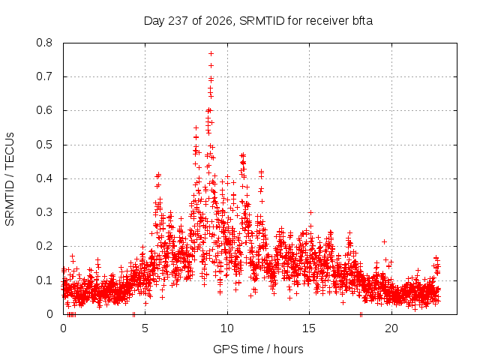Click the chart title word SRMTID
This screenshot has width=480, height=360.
(x=262, y=21)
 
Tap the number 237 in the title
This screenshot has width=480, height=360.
(x=178, y=21)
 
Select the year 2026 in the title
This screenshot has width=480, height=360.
(x=219, y=21)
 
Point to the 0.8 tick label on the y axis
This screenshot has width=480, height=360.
(x=44, y=43)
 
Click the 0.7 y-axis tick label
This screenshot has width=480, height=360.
(x=44, y=76)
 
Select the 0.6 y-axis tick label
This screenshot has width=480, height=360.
(x=44, y=110)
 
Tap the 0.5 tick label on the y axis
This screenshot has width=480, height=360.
(x=44, y=145)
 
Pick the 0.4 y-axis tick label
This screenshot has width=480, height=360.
(x=44, y=178)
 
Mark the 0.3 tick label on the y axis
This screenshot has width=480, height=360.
(x=44, y=212)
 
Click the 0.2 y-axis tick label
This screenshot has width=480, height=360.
(x=44, y=246)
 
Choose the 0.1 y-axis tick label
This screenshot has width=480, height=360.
(x=44, y=280)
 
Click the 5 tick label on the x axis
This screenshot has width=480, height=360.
(x=145, y=328)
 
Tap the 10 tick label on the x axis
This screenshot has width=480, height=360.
(x=227, y=328)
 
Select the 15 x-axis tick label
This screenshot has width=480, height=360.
(x=309, y=328)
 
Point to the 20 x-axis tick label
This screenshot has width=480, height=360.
(x=391, y=328)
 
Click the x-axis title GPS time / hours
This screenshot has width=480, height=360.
(x=258, y=349)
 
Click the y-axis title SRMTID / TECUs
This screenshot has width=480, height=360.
(x=10, y=179)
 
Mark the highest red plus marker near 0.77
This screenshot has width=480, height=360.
(x=211, y=53)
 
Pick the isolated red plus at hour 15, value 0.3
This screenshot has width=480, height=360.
(x=310, y=212)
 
